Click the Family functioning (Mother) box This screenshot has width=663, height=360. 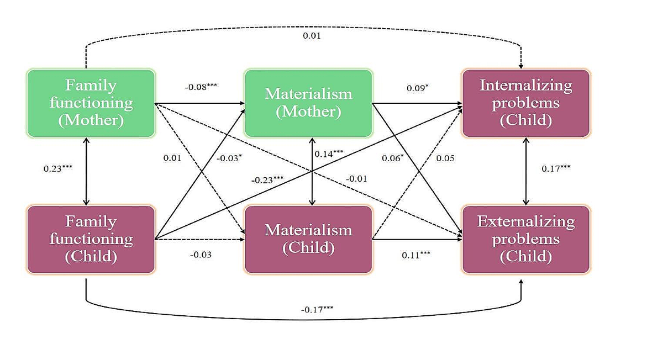(x=91, y=103)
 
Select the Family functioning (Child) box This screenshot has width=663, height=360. (x=91, y=239)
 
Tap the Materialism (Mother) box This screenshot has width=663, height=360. (x=308, y=103)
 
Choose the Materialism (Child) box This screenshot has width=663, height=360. (x=308, y=239)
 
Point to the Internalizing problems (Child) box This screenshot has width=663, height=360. (x=526, y=103)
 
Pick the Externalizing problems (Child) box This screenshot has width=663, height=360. (x=526, y=239)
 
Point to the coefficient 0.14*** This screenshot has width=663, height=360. (x=329, y=154)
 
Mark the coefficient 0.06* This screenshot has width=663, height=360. (x=393, y=158)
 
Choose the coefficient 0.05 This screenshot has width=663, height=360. (x=445, y=158)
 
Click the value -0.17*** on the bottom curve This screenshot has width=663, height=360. (x=317, y=309)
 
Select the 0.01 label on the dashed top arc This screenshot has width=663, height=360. (x=312, y=36)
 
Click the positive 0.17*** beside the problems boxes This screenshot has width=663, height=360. (x=556, y=168)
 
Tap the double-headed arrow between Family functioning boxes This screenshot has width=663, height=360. (x=86, y=171)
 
